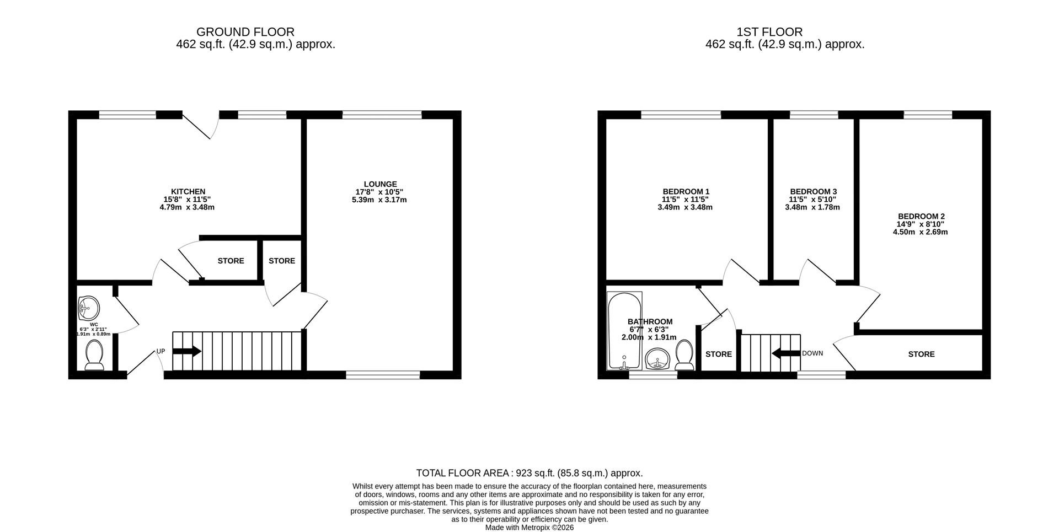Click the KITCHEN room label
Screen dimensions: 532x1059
(x=188, y=192)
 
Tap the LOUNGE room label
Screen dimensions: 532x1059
(x=380, y=184)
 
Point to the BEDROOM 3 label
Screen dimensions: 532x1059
(x=813, y=192)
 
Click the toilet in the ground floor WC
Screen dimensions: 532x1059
(x=94, y=355)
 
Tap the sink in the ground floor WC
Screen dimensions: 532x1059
(x=88, y=308)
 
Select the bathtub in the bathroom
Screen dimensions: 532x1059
(x=624, y=331)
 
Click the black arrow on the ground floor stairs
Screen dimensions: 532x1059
(x=187, y=351)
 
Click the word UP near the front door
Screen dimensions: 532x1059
(x=161, y=351)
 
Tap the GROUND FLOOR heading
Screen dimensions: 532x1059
(x=245, y=32)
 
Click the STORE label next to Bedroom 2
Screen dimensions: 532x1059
(x=921, y=354)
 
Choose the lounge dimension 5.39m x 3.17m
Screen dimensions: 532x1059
(x=379, y=200)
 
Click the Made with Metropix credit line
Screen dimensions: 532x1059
(x=529, y=528)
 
